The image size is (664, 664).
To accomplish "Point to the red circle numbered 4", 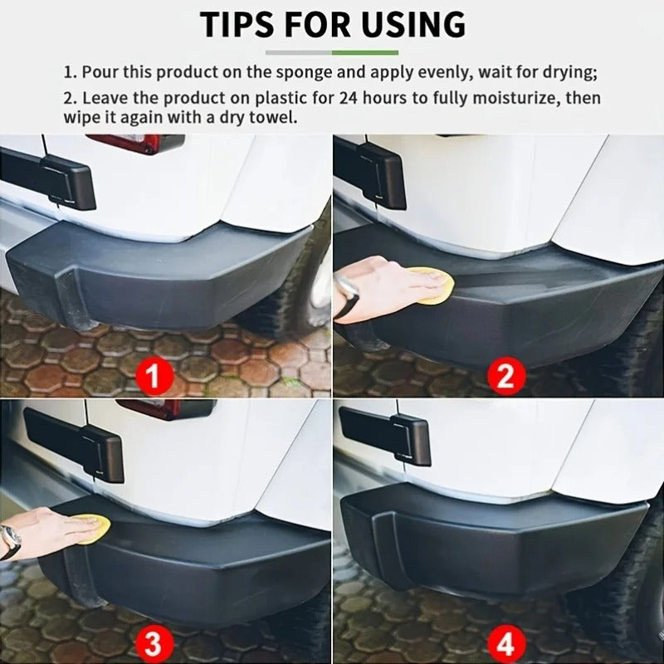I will click(506, 644).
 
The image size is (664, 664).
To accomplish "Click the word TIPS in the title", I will click(242, 25).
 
